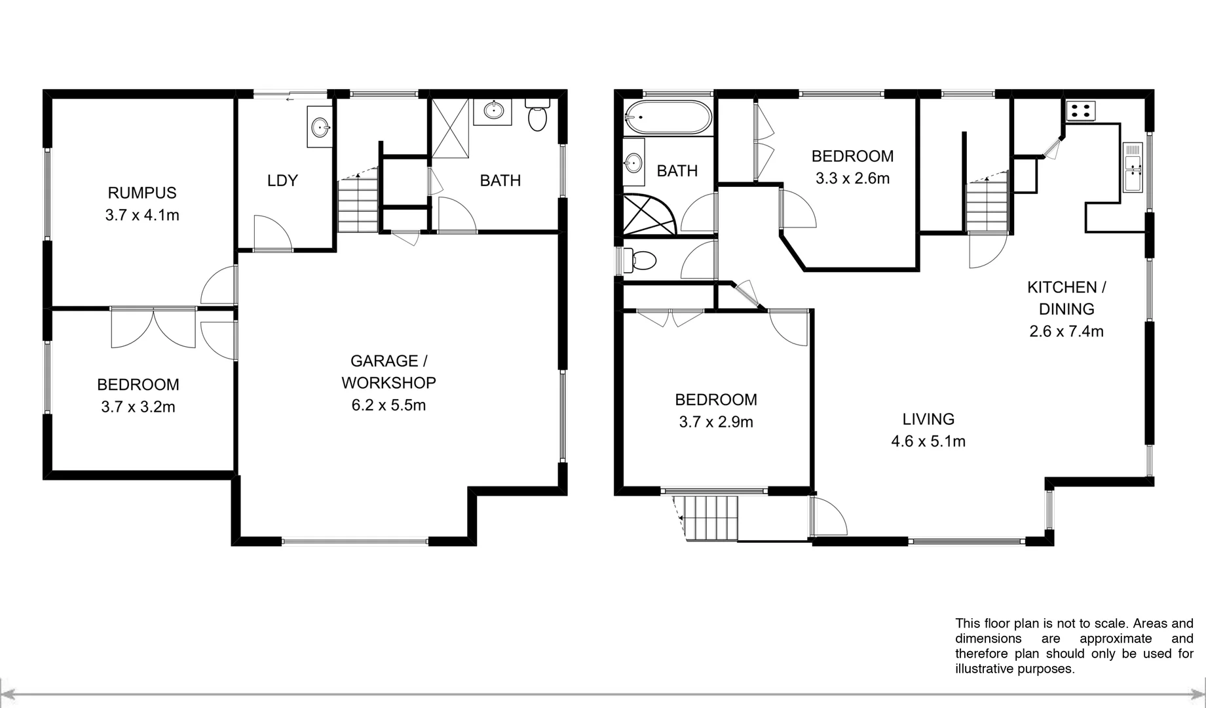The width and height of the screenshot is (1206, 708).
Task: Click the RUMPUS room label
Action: click(x=142, y=193)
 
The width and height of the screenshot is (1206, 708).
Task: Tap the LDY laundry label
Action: click(x=282, y=180)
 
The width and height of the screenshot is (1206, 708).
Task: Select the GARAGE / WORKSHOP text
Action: click(x=388, y=372)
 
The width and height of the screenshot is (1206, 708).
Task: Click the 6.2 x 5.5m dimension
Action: click(x=388, y=405)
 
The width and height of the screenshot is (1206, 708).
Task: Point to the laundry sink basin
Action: click(x=320, y=127)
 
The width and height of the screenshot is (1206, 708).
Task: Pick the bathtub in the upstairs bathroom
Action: click(x=668, y=117)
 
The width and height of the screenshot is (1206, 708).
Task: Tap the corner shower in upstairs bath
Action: click(x=648, y=214)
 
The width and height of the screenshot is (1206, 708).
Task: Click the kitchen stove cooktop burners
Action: click(x=1079, y=111)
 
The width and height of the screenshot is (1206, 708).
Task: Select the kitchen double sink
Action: click(x=1133, y=167)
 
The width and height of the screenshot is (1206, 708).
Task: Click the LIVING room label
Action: click(x=928, y=419)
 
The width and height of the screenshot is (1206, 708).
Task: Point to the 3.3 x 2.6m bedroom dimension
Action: click(x=852, y=178)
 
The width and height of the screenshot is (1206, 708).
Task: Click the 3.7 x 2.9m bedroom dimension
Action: click(x=716, y=422)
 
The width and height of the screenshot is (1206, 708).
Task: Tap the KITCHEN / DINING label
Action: click(x=1066, y=298)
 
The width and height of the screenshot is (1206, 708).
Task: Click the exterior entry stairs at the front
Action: click(x=709, y=518)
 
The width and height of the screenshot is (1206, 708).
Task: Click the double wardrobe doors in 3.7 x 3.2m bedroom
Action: click(x=153, y=328)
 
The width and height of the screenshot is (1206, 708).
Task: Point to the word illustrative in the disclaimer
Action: click(x=984, y=669)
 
